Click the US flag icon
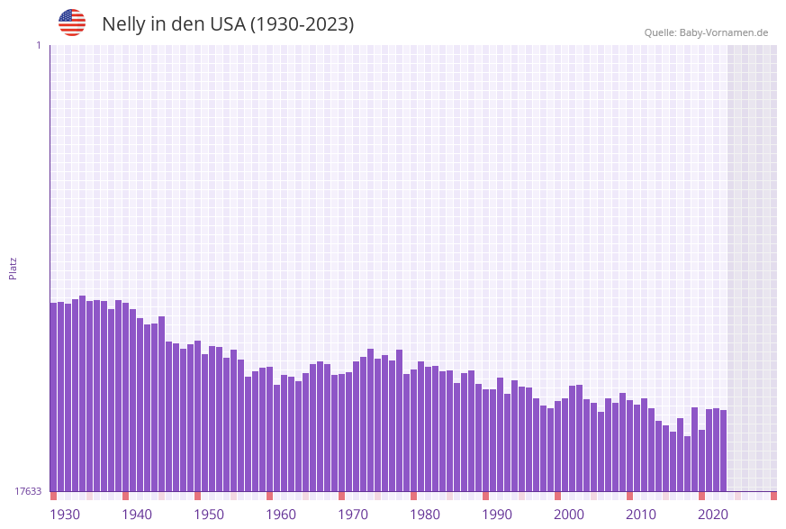pyautogui.click(x=72, y=23)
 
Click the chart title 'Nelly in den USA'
pyautogui.click(x=228, y=24)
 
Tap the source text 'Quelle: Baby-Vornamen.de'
pyautogui.click(x=706, y=32)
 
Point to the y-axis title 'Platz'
pyautogui.click(x=13, y=268)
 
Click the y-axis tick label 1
pyautogui.click(x=38, y=45)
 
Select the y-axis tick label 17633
pyautogui.click(x=28, y=491)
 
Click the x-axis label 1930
pyautogui.click(x=65, y=515)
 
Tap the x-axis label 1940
pyautogui.click(x=137, y=515)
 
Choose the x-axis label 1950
pyautogui.click(x=209, y=515)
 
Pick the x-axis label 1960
pyautogui.click(x=281, y=515)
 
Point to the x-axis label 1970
pyautogui.click(x=353, y=515)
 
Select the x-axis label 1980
pyautogui.click(x=425, y=515)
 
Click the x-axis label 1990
pyautogui.click(x=497, y=515)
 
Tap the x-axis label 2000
pyautogui.click(x=569, y=515)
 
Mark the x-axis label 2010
pyautogui.click(x=641, y=515)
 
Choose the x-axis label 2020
pyautogui.click(x=713, y=515)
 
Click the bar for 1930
pyautogui.click(x=54, y=397)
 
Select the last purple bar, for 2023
pyautogui.click(x=723, y=451)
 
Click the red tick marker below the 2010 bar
pyautogui.click(x=629, y=496)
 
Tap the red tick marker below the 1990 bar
pyautogui.click(x=485, y=496)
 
